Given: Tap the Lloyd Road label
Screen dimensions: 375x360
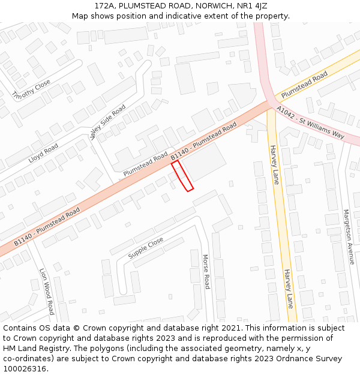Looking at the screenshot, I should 43,154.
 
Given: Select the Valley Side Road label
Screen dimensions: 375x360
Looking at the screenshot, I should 108,122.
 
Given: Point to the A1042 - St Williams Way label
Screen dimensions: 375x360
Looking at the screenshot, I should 310,122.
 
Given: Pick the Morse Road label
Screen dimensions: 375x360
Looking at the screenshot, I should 205,271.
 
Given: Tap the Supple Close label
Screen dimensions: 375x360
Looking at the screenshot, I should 146,248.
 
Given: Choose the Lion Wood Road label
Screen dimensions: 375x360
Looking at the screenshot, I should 47,291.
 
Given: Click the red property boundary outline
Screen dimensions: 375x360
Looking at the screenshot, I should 182,176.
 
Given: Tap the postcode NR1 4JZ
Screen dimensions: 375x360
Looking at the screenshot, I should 251,5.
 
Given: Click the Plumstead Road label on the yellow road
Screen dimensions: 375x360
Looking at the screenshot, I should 304,85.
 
